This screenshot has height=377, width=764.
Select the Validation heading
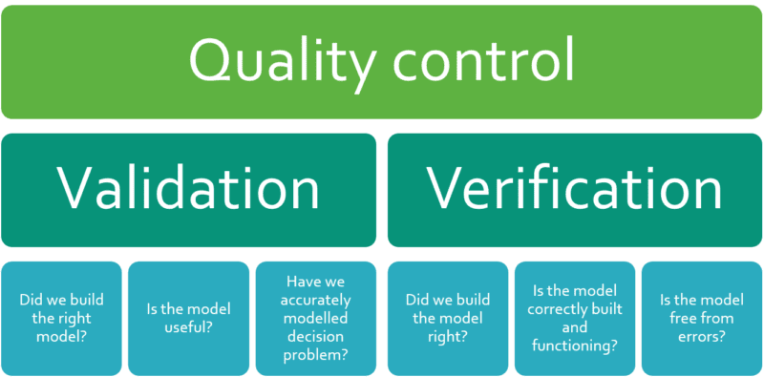188,188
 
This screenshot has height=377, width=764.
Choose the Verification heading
574,188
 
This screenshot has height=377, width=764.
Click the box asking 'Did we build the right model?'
62,317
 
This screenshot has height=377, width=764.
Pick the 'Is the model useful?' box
189,317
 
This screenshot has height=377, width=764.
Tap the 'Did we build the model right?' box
446,317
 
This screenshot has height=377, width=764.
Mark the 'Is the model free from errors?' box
700,317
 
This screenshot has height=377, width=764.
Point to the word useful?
189,327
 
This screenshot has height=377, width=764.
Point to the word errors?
700,336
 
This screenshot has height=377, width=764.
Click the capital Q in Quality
211,62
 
